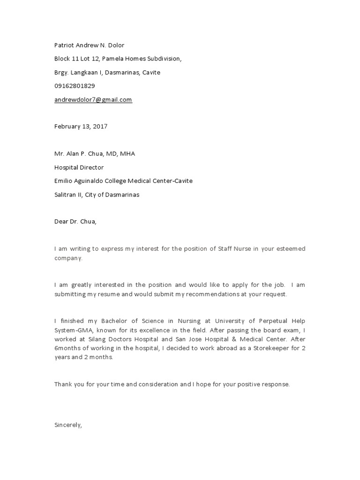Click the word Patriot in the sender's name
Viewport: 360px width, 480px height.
click(x=64, y=45)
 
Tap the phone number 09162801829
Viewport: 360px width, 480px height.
click(x=75, y=86)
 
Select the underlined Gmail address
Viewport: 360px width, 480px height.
click(x=93, y=99)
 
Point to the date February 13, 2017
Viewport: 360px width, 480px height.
click(x=81, y=127)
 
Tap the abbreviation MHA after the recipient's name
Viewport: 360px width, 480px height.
click(x=127, y=154)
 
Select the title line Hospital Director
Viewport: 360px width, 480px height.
click(x=79, y=167)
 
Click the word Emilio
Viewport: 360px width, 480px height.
click(x=63, y=181)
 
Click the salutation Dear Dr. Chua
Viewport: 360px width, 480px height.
click(x=75, y=222)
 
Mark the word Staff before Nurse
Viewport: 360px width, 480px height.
click(x=225, y=249)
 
